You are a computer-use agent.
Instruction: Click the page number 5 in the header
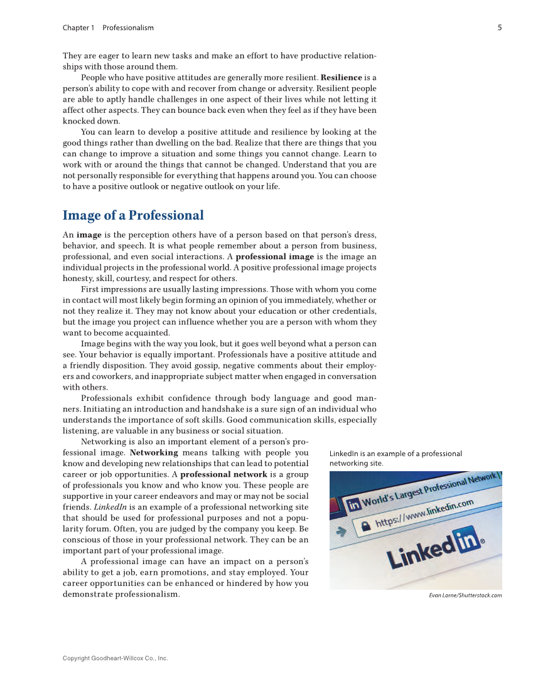point(499,28)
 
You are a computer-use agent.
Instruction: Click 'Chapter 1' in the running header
point(78,28)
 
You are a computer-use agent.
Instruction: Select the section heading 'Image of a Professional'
point(133,216)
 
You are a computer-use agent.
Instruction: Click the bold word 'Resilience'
point(341,78)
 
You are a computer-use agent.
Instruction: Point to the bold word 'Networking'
point(154,452)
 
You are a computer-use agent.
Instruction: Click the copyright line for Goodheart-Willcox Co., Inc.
point(115,658)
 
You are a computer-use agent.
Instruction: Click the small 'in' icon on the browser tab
point(354,504)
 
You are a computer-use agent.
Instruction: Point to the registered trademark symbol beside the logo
point(482,541)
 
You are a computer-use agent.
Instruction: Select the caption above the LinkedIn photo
point(396,459)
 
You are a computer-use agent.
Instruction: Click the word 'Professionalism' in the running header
point(128,28)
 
